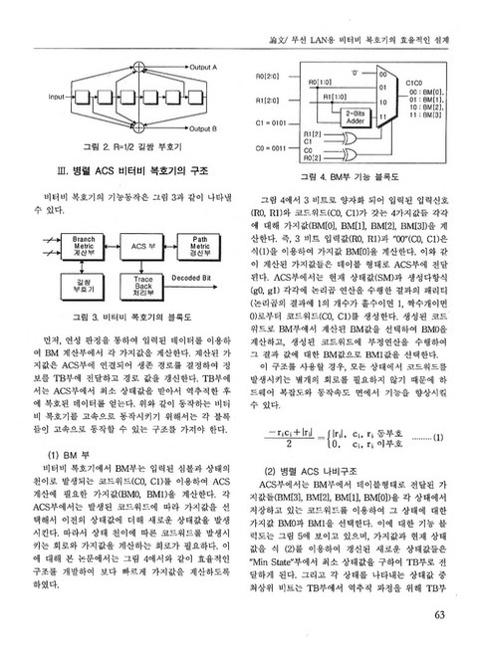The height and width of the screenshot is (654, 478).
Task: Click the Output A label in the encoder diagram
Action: [202, 66]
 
